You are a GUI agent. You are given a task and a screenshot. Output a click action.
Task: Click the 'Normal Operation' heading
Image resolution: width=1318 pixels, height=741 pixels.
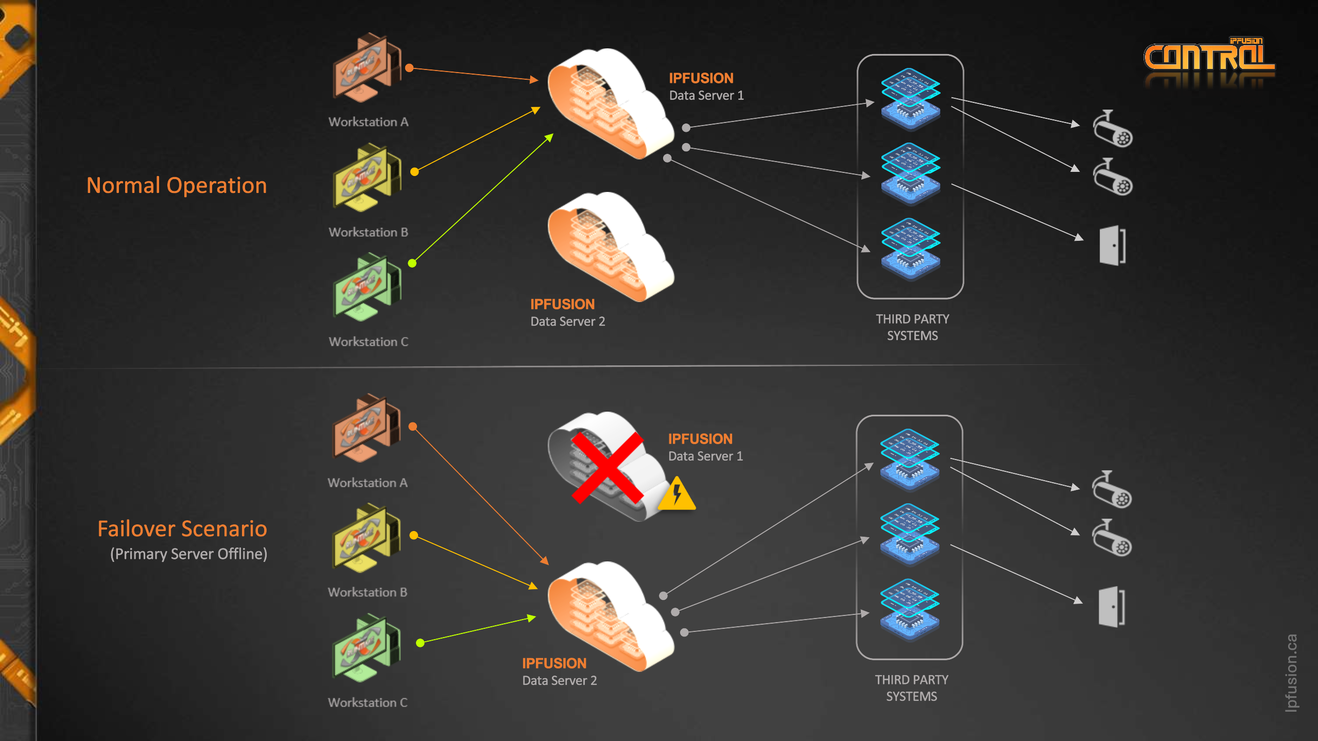177,185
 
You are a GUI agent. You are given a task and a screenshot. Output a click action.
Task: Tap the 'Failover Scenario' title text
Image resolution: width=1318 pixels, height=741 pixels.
182,528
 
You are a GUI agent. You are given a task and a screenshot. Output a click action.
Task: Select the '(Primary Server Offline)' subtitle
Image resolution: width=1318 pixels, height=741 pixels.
188,554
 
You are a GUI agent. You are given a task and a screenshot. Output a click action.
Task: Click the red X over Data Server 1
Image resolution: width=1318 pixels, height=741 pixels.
608,467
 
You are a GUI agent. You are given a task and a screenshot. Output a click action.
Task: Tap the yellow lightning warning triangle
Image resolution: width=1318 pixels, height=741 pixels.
677,495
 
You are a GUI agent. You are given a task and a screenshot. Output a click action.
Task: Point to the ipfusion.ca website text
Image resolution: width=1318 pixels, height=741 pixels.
1291,673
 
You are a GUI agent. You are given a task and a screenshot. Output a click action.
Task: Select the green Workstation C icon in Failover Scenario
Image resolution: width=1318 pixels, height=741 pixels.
366,647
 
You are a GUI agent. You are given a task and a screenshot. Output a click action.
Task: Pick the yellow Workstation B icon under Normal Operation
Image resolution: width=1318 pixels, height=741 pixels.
366,178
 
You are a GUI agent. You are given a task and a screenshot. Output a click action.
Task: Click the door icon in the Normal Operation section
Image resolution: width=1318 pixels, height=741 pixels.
1112,245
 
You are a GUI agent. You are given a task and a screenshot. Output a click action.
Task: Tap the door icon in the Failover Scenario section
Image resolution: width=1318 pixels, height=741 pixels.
1111,607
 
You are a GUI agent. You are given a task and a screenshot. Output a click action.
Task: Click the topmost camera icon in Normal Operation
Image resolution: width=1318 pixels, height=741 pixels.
1112,129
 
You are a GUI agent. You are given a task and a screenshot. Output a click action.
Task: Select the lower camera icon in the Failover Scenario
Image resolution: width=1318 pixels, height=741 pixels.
1112,538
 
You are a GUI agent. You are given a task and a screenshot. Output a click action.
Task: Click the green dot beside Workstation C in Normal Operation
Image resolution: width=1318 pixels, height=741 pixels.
412,263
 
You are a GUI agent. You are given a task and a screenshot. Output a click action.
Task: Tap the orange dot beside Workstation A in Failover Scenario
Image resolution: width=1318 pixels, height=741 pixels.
412,427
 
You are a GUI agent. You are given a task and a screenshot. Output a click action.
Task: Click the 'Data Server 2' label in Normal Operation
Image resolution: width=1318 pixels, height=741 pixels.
567,321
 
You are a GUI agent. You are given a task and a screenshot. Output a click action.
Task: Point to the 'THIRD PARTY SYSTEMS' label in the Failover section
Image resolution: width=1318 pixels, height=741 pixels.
911,687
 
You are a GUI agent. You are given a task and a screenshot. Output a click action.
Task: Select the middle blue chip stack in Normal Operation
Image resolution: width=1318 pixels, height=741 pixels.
910,173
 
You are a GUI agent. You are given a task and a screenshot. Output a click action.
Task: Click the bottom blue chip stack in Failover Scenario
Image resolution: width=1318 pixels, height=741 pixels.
909,610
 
